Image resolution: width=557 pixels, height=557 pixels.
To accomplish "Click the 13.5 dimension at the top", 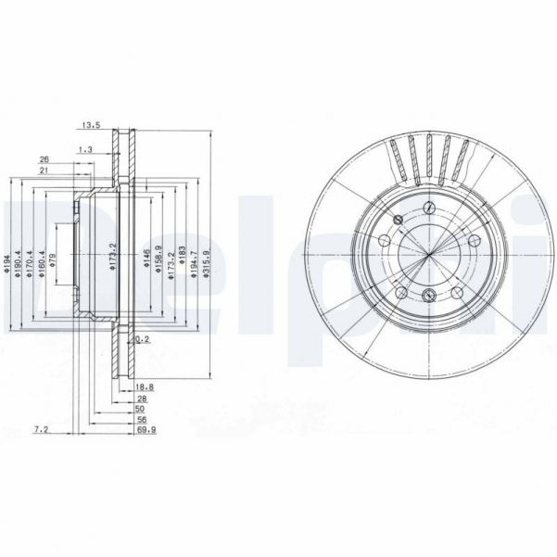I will (x=90, y=125).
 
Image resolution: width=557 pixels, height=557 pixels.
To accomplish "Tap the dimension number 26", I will (x=44, y=160).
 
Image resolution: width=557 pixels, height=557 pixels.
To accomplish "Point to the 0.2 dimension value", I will (x=141, y=340).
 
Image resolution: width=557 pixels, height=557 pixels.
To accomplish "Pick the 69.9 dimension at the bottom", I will (x=145, y=431).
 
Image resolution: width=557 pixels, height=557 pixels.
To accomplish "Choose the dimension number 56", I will (x=141, y=418).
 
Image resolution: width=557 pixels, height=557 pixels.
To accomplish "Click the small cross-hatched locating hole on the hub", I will (x=397, y=220).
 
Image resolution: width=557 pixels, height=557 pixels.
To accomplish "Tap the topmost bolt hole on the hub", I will (x=429, y=209).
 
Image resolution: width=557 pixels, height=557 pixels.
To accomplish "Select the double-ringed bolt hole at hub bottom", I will (x=428, y=296).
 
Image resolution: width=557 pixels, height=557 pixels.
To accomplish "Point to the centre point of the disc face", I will (x=429, y=252).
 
